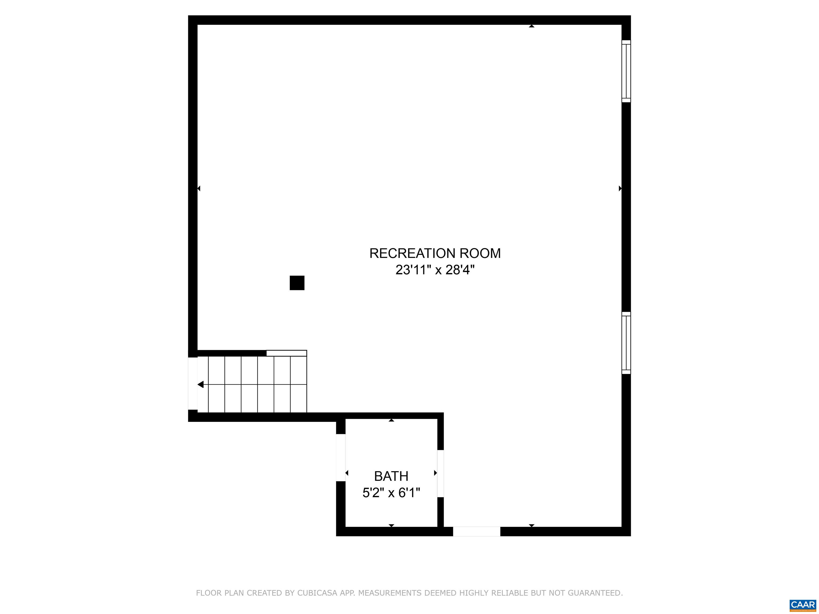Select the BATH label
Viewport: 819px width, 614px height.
tap(391, 476)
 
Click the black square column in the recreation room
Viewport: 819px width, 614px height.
tap(297, 283)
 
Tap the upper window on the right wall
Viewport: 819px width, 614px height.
tap(626, 71)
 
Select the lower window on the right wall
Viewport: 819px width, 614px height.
tap(626, 343)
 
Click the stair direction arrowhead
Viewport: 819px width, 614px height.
tap(201, 385)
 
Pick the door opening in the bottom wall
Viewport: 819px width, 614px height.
tap(476, 531)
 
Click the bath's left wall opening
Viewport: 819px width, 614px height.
tap(341, 458)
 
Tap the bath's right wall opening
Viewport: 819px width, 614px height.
tap(441, 473)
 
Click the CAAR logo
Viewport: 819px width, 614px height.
tap(802, 605)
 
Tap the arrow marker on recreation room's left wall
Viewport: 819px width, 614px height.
tap(199, 189)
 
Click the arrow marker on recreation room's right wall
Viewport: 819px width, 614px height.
tap(620, 189)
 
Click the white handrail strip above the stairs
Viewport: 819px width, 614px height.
tap(287, 353)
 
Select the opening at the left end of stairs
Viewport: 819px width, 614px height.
tap(193, 383)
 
